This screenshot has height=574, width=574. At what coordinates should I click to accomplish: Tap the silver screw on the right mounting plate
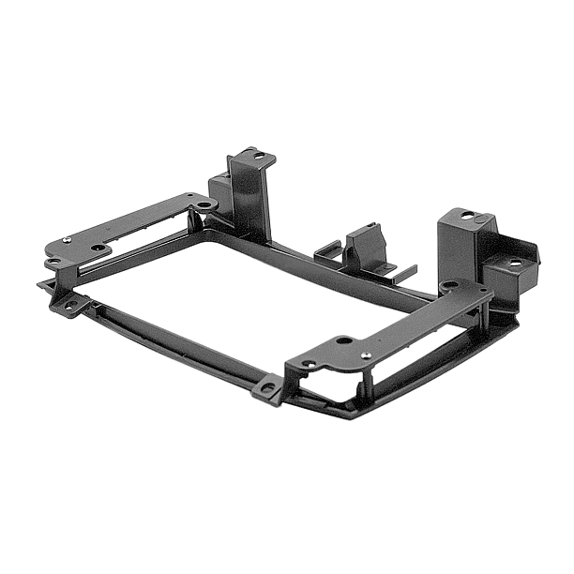tap(365, 355)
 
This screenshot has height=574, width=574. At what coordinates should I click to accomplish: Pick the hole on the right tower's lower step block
tap(513, 264)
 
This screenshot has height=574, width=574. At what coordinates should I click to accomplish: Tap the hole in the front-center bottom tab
tap(268, 388)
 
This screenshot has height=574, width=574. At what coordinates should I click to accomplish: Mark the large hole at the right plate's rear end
tap(451, 284)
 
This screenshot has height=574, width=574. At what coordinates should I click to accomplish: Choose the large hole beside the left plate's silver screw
tap(97, 248)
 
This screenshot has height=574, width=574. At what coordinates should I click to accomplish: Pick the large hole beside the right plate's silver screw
tap(343, 340)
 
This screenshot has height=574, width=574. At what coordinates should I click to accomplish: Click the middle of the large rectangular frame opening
tap(220, 291)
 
